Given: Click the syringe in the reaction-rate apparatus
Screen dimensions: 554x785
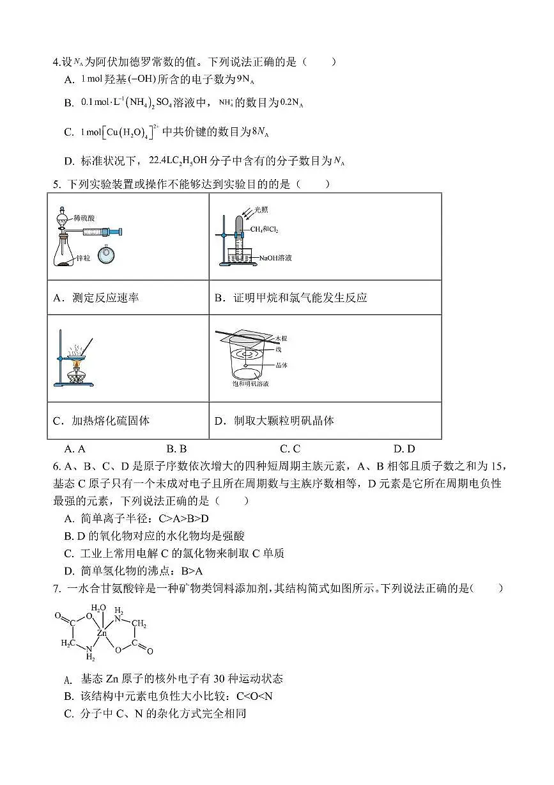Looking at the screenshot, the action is (x=101, y=231).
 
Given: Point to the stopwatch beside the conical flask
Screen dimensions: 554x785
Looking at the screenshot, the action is (x=107, y=255).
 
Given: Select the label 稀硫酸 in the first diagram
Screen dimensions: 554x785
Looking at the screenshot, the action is (x=83, y=218).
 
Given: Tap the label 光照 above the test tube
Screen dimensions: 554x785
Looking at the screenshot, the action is (x=261, y=209).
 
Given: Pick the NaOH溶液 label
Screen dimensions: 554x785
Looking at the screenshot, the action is (x=275, y=258).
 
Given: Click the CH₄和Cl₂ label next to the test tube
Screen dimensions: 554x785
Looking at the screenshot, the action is (x=264, y=229).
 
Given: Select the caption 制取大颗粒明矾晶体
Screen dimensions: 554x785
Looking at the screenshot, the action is (x=283, y=420).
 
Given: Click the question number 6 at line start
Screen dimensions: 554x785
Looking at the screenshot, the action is (x=56, y=466).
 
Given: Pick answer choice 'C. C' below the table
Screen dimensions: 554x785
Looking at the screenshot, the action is (x=290, y=448).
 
